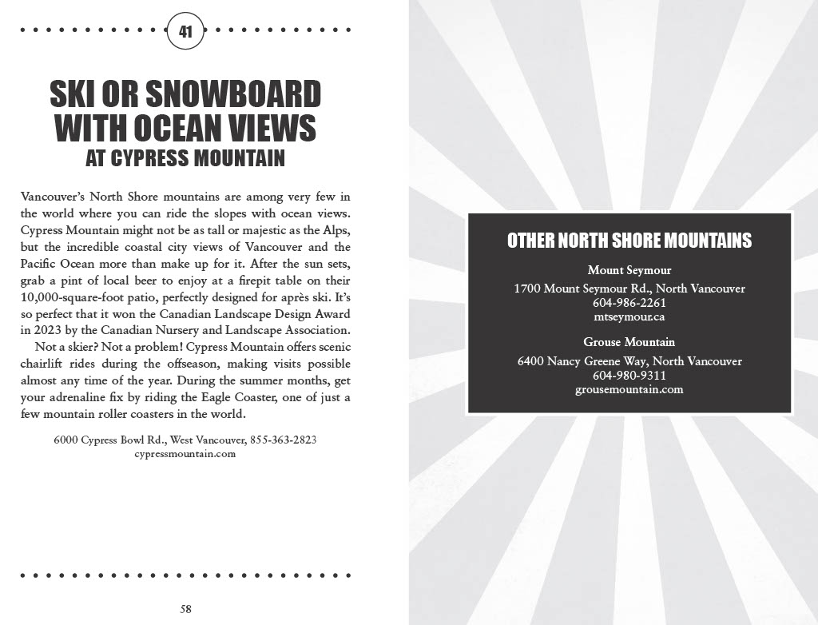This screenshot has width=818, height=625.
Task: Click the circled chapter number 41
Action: pyautogui.click(x=185, y=32)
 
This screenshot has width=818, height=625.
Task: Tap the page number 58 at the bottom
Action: pyautogui.click(x=185, y=609)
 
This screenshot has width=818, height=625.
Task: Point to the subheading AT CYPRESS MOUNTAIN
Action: pyautogui.click(x=185, y=158)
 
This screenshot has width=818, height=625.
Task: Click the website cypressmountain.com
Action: pyautogui.click(x=185, y=454)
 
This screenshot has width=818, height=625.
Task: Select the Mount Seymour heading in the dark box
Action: pyautogui.click(x=629, y=270)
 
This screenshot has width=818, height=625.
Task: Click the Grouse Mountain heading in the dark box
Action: pyautogui.click(x=629, y=342)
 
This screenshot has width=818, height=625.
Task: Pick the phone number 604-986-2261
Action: pyautogui.click(x=629, y=303)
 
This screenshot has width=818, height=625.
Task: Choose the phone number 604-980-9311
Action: pyautogui.click(x=629, y=376)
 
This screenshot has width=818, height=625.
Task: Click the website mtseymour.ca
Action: pyautogui.click(x=629, y=316)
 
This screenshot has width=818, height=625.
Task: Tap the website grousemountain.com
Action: pyautogui.click(x=629, y=389)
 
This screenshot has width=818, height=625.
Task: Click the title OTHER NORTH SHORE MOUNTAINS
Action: pyautogui.click(x=629, y=241)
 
